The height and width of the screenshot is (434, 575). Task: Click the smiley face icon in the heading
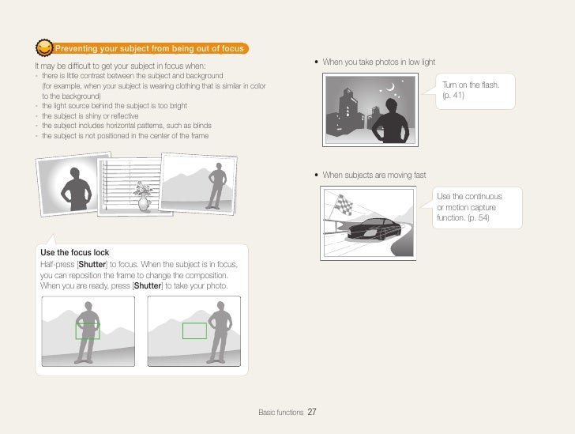45,49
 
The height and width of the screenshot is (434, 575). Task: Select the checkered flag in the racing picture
344,205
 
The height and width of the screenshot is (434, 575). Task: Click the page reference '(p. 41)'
453,96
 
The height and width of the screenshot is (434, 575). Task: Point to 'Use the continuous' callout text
468,196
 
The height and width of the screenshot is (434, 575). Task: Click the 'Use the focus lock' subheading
74,253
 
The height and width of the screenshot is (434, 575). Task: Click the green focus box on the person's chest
87,330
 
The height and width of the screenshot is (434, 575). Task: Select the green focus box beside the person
194,330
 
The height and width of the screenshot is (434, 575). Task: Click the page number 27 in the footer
312,412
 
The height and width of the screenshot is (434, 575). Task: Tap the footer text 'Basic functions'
280,413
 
